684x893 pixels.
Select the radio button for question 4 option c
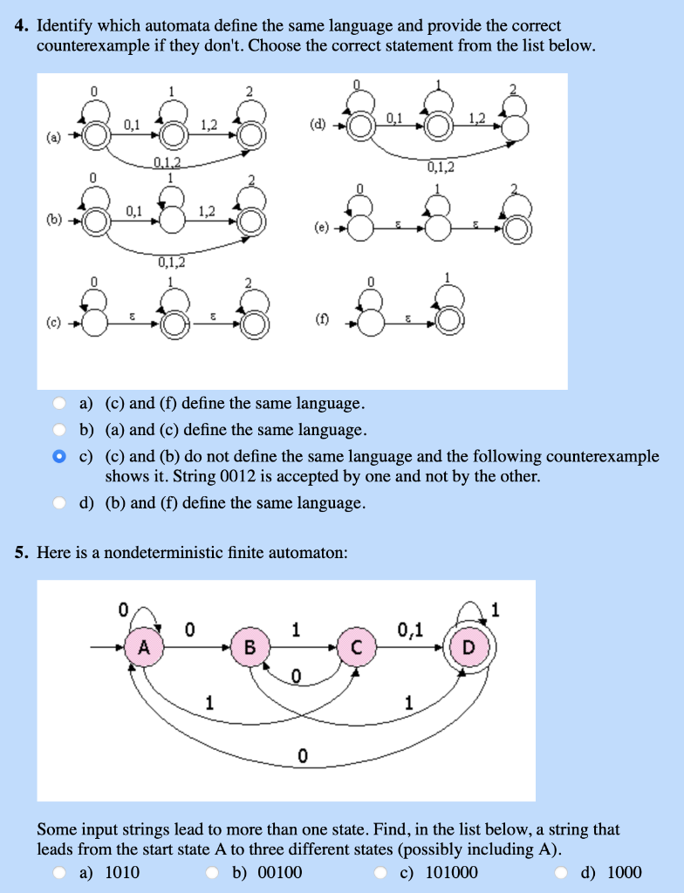(x=58, y=456)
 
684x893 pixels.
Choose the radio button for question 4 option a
(x=58, y=403)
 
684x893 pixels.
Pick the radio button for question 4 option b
(x=58, y=430)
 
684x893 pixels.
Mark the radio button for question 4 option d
(x=58, y=503)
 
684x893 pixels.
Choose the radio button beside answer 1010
(x=58, y=872)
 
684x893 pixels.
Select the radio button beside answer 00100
(x=213, y=872)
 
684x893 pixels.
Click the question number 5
(x=22, y=552)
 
